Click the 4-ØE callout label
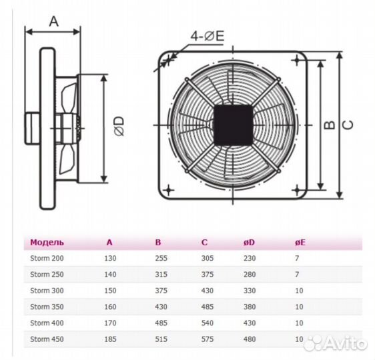click(x=208, y=36)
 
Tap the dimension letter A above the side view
click(x=54, y=21)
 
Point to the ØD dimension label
click(x=119, y=126)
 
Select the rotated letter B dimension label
click(x=330, y=125)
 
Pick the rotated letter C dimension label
click(x=348, y=125)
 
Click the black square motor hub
click(x=233, y=125)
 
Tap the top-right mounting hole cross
click(x=297, y=60)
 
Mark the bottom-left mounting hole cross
click(x=169, y=191)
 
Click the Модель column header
click(x=47, y=243)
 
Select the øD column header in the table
click(x=249, y=243)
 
